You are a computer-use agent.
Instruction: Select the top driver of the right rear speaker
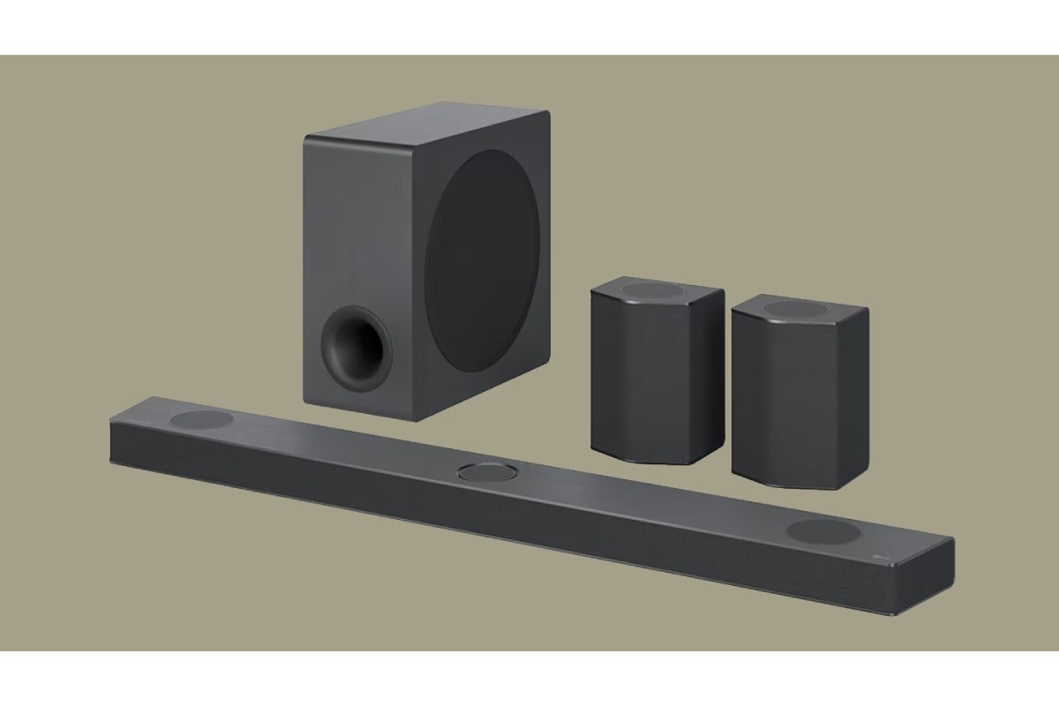[799, 309]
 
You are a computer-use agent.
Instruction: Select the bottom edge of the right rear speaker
[781, 481]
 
